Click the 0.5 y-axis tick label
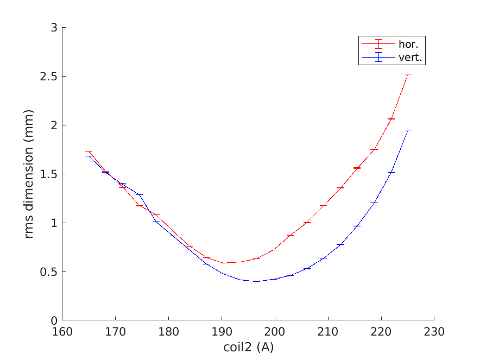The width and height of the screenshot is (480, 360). (51, 272)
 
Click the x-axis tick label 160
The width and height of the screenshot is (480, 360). (62, 331)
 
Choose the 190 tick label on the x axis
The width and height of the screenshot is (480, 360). (222, 331)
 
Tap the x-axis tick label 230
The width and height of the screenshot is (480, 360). (434, 331)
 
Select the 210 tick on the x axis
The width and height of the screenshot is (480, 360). (328, 331)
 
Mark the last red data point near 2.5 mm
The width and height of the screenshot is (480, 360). (408, 74)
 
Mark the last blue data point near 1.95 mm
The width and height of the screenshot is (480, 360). (408, 130)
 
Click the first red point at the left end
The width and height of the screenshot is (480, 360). (89, 151)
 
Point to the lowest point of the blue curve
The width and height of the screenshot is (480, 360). (256, 281)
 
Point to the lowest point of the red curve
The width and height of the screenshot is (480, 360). (224, 263)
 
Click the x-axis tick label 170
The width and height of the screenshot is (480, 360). (115, 331)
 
